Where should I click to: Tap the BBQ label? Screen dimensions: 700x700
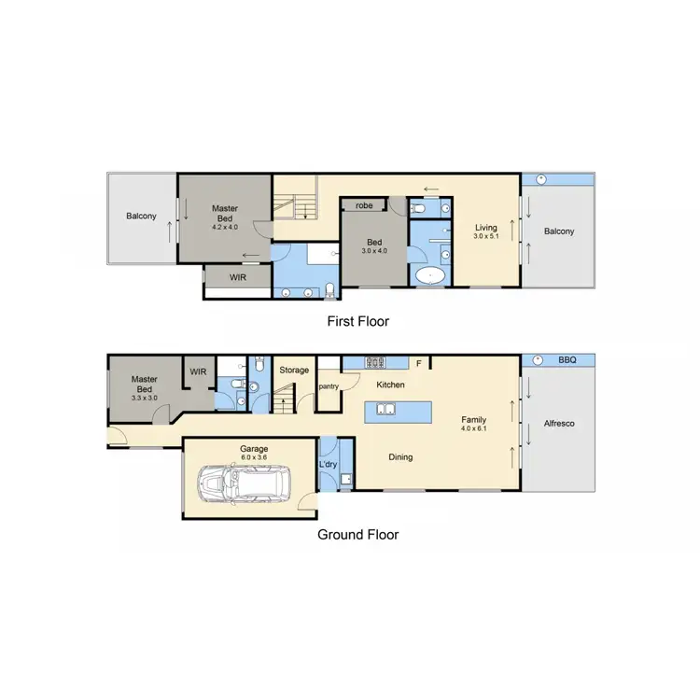[x=567, y=358]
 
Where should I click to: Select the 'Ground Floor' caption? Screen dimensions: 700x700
[x=358, y=535]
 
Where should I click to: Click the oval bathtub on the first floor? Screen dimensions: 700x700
[x=429, y=275]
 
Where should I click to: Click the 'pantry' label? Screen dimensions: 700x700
[x=328, y=385]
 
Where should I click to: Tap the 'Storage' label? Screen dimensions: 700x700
[x=294, y=371]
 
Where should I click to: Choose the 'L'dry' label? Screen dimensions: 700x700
[x=328, y=464]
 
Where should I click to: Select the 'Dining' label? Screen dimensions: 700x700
[x=400, y=457]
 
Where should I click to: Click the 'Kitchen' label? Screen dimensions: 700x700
[x=389, y=385]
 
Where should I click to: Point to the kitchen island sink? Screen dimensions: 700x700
[x=386, y=409]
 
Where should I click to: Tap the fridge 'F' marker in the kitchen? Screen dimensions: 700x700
[x=419, y=363]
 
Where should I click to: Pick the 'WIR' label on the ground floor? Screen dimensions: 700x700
[x=198, y=371]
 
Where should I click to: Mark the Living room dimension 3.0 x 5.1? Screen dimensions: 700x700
[x=486, y=237]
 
